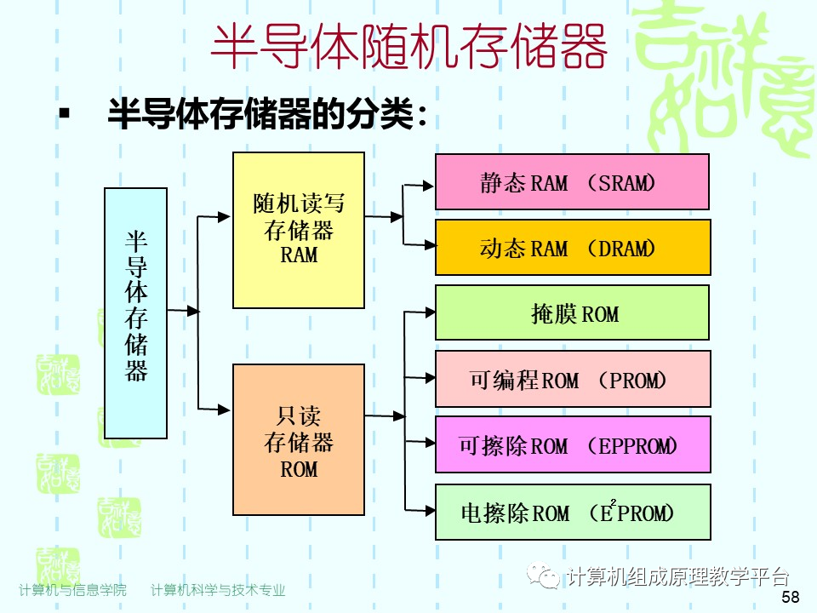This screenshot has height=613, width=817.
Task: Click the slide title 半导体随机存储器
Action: (x=408, y=47)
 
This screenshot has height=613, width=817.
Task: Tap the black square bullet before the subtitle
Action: (x=64, y=113)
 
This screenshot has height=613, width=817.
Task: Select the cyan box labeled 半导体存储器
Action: (x=135, y=312)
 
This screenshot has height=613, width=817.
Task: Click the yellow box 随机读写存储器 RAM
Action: (x=298, y=230)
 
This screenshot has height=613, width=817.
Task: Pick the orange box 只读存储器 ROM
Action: (x=298, y=439)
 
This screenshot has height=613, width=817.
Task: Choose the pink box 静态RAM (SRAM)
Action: (x=572, y=181)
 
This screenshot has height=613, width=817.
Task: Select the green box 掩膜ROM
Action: (x=572, y=312)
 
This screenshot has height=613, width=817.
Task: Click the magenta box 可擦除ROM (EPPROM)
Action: (x=572, y=444)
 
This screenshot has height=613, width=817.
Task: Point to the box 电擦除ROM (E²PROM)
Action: (x=572, y=512)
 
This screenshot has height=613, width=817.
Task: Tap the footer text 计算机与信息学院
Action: (x=72, y=590)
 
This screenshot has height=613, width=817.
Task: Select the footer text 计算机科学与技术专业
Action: (x=218, y=590)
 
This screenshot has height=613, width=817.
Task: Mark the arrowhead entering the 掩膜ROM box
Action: (x=428, y=311)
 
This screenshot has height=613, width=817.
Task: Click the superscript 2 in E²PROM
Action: (x=612, y=502)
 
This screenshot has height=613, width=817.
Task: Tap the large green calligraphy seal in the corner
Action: (x=728, y=81)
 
